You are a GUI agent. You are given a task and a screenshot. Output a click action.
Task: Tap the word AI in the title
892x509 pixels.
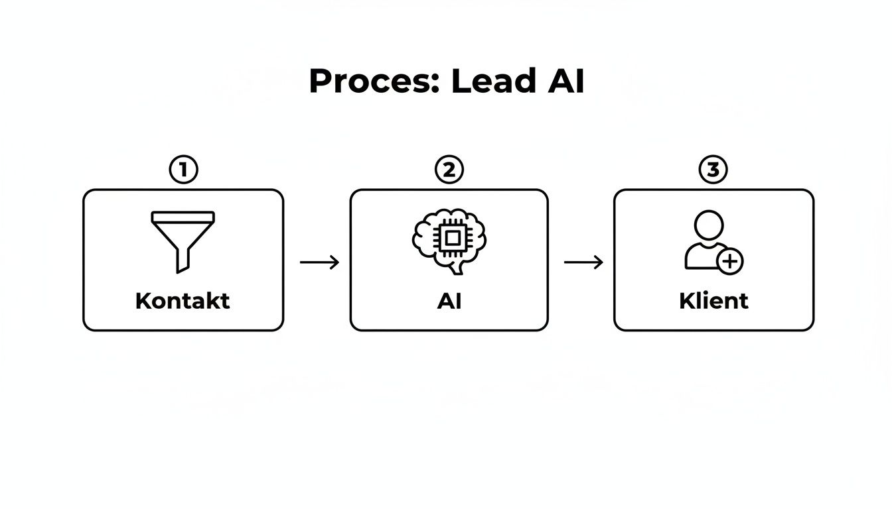click(x=566, y=82)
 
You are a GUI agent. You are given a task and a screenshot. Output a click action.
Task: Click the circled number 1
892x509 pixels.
click(x=183, y=170)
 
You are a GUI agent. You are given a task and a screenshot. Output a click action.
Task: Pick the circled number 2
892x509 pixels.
click(x=449, y=170)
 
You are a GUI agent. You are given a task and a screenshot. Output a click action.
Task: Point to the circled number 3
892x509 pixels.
click(x=713, y=170)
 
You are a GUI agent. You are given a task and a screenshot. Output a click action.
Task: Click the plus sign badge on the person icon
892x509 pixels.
click(x=730, y=261)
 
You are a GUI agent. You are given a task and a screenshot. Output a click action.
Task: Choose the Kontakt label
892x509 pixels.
click(x=183, y=301)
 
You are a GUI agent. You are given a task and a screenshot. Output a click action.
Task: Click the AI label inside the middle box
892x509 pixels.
click(x=449, y=301)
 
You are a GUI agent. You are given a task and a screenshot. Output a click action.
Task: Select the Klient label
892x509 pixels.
click(x=713, y=301)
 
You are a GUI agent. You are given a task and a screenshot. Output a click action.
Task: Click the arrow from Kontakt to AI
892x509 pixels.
click(x=319, y=262)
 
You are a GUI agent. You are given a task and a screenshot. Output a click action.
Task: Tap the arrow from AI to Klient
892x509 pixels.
click(x=583, y=262)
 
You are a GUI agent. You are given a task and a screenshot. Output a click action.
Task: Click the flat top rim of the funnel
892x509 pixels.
click(x=183, y=216)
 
